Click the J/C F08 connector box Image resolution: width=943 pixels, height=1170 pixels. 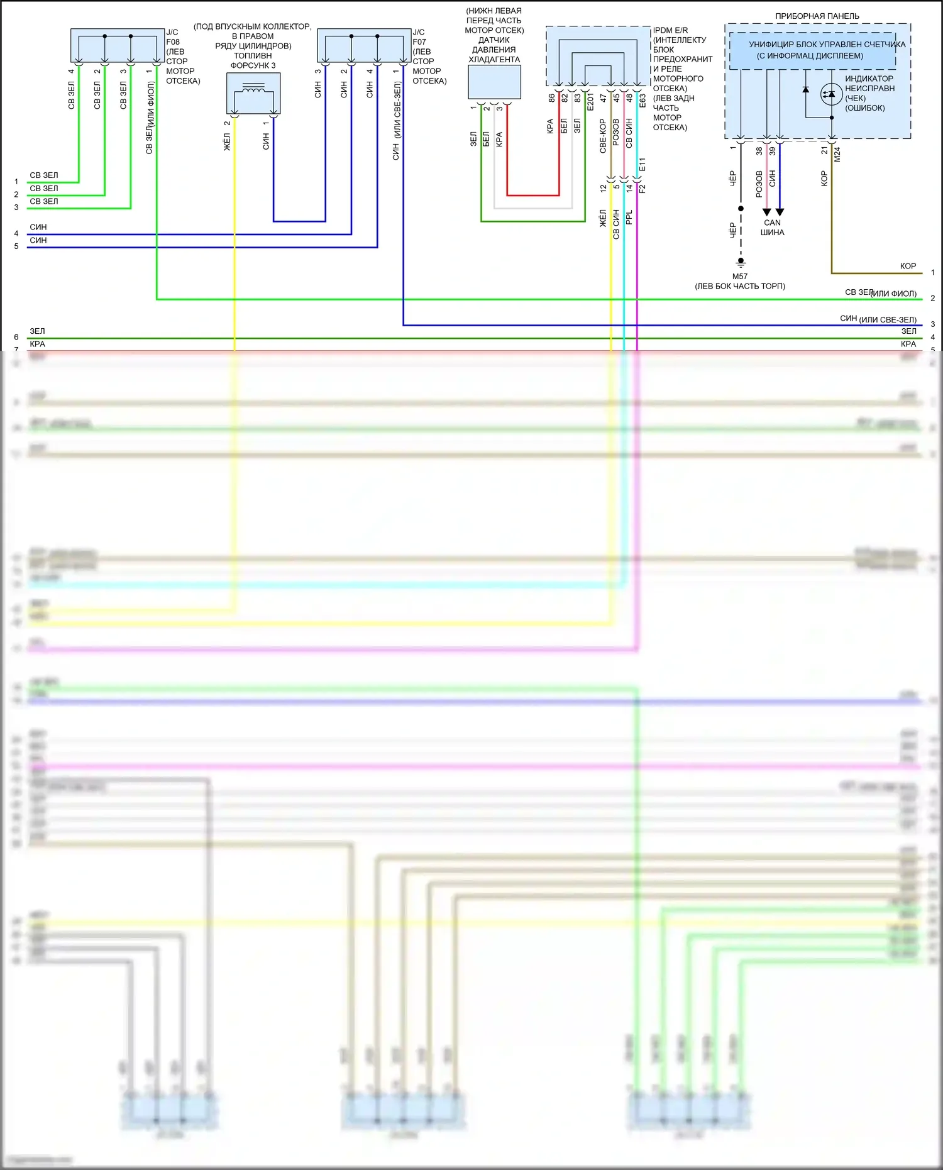(x=118, y=45)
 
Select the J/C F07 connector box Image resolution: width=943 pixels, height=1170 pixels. (x=364, y=45)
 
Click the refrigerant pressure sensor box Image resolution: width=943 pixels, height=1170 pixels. (x=494, y=82)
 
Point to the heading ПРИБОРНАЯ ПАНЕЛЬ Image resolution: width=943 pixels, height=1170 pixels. (x=817, y=16)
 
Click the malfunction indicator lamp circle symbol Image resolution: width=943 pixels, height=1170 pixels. (x=831, y=94)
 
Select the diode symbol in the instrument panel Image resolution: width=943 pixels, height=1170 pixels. (x=806, y=90)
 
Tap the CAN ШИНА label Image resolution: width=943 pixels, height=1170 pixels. (x=773, y=228)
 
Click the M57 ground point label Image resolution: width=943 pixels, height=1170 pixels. (x=740, y=277)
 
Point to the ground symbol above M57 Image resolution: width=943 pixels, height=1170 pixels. (x=741, y=261)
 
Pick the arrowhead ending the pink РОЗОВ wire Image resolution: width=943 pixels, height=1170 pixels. (x=766, y=212)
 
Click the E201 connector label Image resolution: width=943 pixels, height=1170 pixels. (x=590, y=102)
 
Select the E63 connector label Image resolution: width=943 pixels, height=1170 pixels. (x=642, y=101)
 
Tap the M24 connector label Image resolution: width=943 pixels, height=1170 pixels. (x=837, y=155)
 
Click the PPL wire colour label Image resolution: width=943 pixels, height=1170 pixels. (x=629, y=218)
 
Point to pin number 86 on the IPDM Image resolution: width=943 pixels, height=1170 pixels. (x=551, y=98)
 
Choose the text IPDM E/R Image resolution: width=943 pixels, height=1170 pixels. (x=670, y=30)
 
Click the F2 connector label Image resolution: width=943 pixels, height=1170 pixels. (x=642, y=188)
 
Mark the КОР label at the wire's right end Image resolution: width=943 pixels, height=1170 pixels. (x=908, y=266)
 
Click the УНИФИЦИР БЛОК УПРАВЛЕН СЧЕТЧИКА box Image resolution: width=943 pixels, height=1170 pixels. (x=813, y=50)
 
